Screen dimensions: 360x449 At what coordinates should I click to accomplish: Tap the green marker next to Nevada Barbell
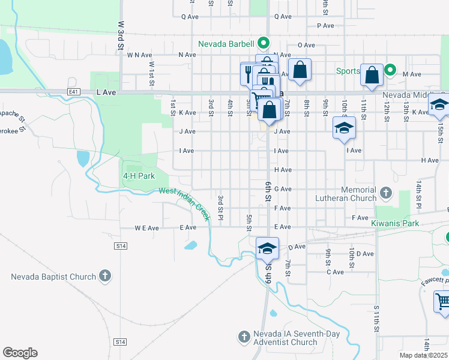pos(262,43)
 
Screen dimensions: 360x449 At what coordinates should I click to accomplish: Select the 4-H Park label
pos(139,176)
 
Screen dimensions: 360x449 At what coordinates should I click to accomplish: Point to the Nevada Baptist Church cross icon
pos(105,276)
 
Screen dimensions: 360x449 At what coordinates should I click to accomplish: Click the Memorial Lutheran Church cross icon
pos(385,193)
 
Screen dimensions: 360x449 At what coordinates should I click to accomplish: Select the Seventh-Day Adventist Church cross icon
pos(244,337)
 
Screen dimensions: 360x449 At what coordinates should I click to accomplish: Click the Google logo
pos(20,353)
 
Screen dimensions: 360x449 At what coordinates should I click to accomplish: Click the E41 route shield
pos(74,92)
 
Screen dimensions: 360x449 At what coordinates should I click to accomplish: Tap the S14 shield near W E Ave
pos(121,246)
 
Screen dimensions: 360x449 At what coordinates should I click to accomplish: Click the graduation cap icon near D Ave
pos(267,247)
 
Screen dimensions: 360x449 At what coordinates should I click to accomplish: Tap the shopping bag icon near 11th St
pos(372,74)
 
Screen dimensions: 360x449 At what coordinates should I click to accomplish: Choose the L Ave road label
pos(105,93)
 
